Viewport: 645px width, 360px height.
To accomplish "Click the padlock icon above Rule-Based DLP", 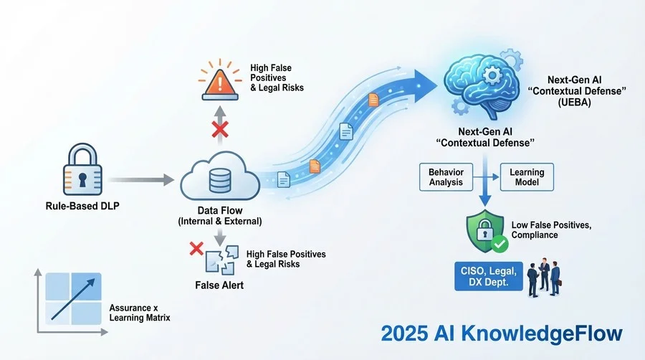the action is coord(82,169).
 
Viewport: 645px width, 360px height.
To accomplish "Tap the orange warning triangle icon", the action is coord(220,83).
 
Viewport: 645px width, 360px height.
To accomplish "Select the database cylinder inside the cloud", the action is coord(220,181).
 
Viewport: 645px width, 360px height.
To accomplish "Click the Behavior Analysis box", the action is coord(446,177).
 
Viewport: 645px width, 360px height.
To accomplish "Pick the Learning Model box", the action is coord(527,177).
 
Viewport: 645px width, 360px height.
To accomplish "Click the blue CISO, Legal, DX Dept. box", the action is coord(488,277).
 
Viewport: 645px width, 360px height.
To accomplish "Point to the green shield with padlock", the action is coord(485,231).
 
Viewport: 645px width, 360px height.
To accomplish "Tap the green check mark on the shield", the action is coord(500,244).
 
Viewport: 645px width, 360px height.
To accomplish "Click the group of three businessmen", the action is coord(544,278).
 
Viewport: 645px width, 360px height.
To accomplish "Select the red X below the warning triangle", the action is coord(220,129).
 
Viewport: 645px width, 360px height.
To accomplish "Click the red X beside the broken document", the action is coord(196,249).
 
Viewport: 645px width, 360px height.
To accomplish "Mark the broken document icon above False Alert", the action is coord(221,260).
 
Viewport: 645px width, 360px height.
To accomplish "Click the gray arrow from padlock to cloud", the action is coord(141,180).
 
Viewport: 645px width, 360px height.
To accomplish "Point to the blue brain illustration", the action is coord(482,86).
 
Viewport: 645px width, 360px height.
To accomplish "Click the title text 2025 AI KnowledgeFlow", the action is coord(502,333).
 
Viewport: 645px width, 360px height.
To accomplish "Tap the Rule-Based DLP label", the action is coord(82,206).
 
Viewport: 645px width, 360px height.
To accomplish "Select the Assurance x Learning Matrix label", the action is coord(140,313).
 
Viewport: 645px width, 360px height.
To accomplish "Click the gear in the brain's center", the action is coord(492,76).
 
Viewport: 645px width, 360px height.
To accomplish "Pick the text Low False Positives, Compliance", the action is coord(551,230).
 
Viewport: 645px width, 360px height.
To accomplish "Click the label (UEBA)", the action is coord(575,102).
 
